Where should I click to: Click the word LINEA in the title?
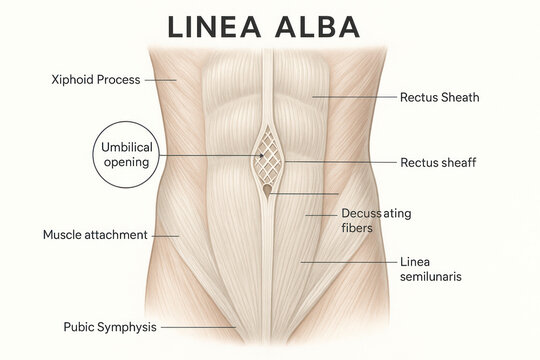(x=214, y=27)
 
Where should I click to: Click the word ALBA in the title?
(x=318, y=27)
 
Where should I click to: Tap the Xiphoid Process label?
(x=96, y=80)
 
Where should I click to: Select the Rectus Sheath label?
(x=439, y=97)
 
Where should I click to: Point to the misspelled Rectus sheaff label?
(x=438, y=162)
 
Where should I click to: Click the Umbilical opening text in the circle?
(x=127, y=155)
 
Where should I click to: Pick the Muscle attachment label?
(x=95, y=235)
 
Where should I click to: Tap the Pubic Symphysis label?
(x=110, y=327)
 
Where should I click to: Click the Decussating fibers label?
(x=376, y=221)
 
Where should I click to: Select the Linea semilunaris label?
(x=430, y=269)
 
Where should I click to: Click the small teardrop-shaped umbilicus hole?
(x=267, y=191)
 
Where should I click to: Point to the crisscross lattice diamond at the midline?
(x=268, y=155)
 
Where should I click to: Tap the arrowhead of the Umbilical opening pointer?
(x=262, y=155)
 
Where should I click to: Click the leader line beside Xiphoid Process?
(x=160, y=80)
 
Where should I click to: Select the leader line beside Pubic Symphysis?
(x=199, y=327)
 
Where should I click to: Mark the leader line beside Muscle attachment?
(x=165, y=236)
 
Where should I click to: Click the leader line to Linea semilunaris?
(x=349, y=263)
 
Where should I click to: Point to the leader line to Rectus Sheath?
(x=355, y=97)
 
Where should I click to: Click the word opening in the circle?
(x=126, y=162)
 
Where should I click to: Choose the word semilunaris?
(x=430, y=277)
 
